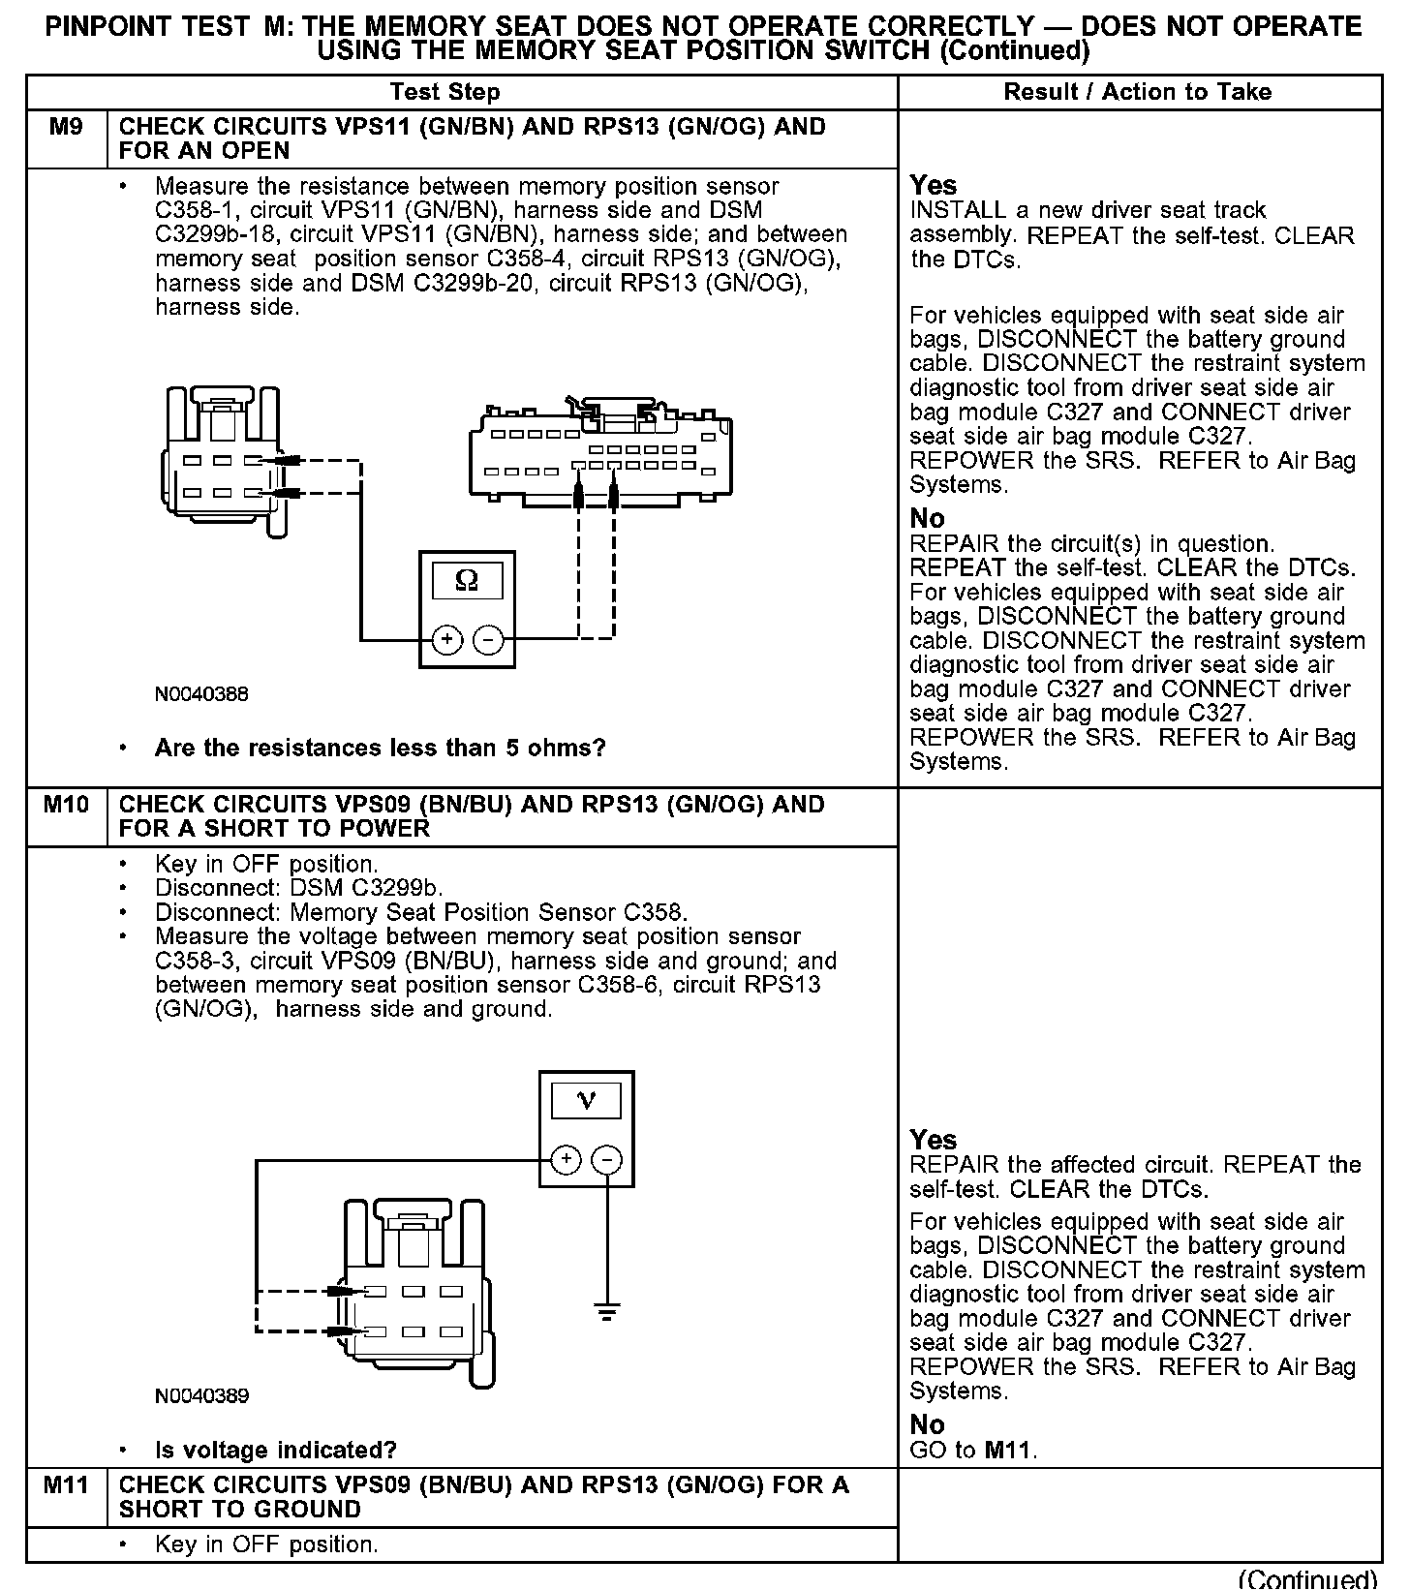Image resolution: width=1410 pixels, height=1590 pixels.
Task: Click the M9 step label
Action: (x=65, y=127)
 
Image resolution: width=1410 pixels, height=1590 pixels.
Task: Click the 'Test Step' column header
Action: (x=444, y=92)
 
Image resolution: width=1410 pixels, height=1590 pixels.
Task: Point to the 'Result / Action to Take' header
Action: (x=1137, y=92)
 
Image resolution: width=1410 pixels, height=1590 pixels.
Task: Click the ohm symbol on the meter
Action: (x=467, y=580)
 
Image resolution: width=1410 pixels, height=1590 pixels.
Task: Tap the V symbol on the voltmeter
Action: (x=586, y=1100)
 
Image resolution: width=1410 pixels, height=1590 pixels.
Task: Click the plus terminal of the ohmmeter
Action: (x=446, y=639)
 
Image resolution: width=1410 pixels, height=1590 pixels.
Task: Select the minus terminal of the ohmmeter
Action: (x=488, y=639)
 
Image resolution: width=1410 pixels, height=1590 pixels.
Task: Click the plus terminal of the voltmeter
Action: (x=566, y=1159)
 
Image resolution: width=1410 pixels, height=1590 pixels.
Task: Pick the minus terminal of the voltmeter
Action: (x=607, y=1159)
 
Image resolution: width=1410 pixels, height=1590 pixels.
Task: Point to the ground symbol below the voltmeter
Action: (x=607, y=1313)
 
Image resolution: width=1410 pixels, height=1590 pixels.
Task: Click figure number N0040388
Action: (x=201, y=694)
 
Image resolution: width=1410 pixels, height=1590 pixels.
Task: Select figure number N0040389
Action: (x=201, y=1395)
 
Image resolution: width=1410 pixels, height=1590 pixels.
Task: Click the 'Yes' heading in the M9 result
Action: (x=933, y=185)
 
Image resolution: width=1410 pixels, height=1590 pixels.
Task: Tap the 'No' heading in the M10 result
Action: (x=927, y=1424)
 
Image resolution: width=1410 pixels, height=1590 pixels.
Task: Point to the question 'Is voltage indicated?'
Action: (x=276, y=1450)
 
